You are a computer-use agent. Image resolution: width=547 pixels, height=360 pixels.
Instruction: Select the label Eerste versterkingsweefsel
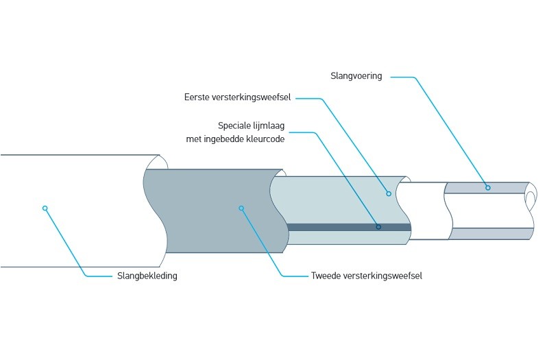237,97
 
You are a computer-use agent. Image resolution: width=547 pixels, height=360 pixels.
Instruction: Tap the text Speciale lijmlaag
250,125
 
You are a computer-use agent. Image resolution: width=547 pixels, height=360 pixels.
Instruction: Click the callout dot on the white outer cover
45,208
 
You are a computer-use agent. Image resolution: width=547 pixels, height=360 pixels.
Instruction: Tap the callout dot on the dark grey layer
241,207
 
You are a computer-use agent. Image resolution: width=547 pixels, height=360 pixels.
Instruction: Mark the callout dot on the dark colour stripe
378,227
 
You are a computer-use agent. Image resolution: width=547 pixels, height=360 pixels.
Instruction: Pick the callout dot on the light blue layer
388,193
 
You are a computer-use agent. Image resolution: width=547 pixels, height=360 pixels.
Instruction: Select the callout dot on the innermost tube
488,187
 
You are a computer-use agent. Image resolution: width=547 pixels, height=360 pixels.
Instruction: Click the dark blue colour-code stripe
329,227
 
